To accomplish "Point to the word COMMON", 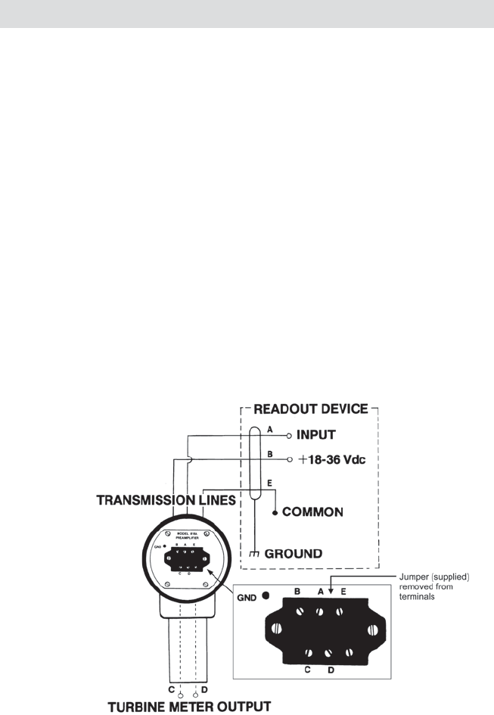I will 312,512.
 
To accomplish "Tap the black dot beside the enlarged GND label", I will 266,595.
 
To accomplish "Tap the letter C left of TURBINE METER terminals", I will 172,690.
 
